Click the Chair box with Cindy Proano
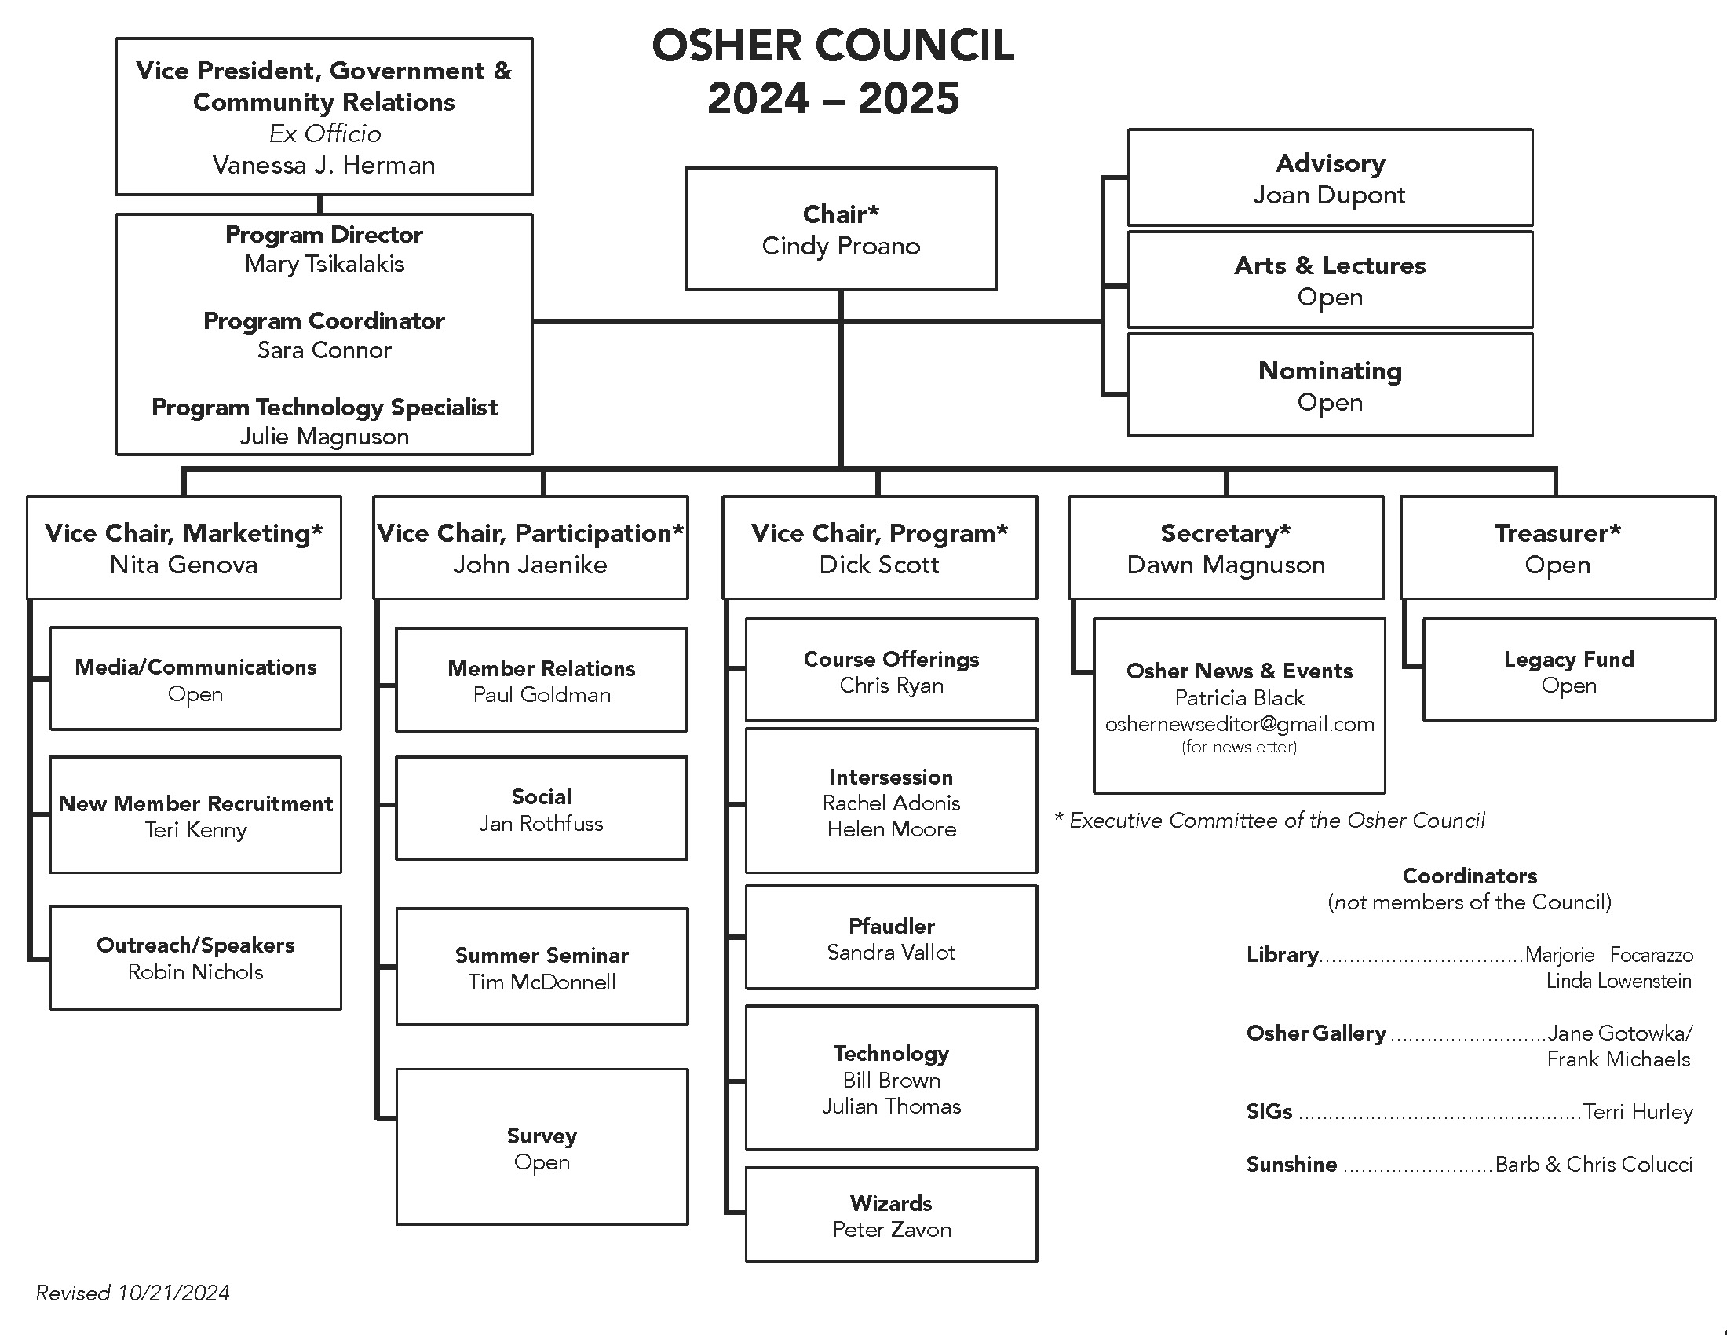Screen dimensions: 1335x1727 point(841,229)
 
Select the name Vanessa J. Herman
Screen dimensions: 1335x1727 point(324,165)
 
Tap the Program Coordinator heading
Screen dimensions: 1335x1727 point(324,321)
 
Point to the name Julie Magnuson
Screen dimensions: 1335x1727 point(324,437)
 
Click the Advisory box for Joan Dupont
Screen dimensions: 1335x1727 point(1330,178)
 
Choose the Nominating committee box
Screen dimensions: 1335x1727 point(1330,385)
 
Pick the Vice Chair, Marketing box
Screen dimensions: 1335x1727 point(184,547)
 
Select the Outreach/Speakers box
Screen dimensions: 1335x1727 point(195,958)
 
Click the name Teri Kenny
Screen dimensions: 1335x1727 point(195,830)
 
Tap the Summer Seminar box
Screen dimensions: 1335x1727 point(542,967)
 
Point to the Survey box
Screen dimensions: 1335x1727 point(542,1147)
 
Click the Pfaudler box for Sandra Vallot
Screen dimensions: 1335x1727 point(891,938)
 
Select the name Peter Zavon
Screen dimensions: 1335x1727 point(892,1230)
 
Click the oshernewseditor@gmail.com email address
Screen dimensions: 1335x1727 point(1239,725)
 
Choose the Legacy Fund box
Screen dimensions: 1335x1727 point(1569,671)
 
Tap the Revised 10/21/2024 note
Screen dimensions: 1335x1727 point(133,1293)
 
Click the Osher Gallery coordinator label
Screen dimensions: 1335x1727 point(1316,1033)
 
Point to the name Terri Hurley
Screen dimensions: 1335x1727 point(1638,1112)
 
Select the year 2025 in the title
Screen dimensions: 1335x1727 point(908,99)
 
